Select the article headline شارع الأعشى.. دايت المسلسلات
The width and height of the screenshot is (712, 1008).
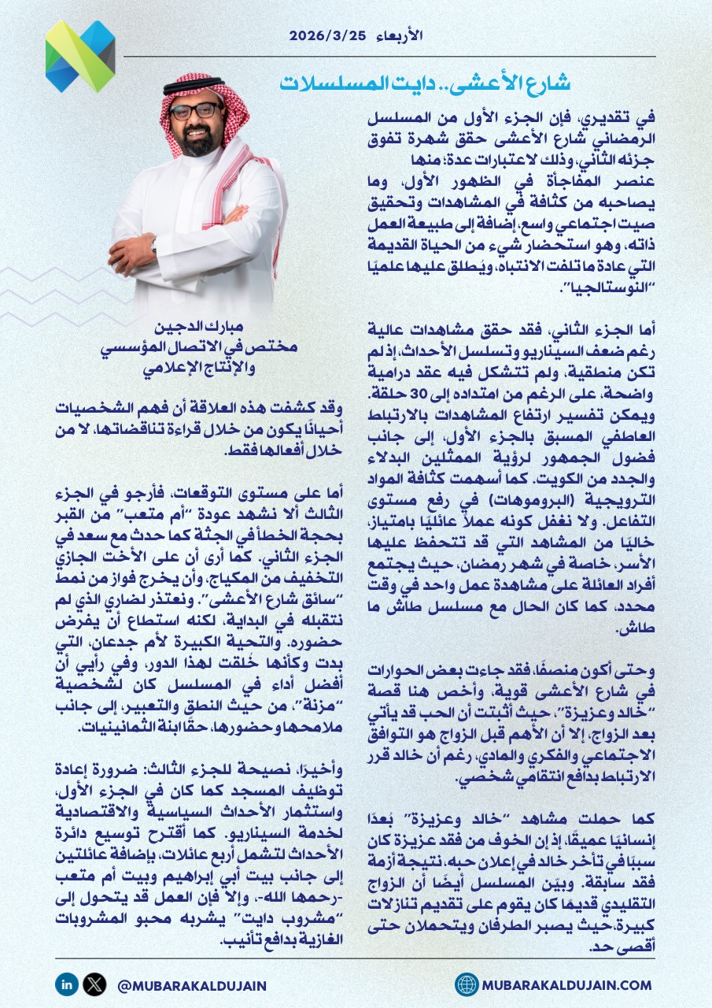point(425,83)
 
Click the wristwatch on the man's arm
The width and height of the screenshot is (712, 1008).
point(154,245)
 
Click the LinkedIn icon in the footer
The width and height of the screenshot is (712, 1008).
point(66,984)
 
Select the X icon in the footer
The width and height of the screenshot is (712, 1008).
point(94,984)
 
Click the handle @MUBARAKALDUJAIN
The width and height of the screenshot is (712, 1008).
point(190,984)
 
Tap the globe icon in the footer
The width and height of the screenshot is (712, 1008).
point(467,984)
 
